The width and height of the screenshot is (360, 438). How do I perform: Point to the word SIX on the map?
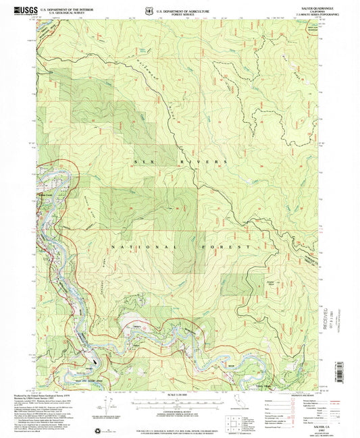(145, 162)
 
